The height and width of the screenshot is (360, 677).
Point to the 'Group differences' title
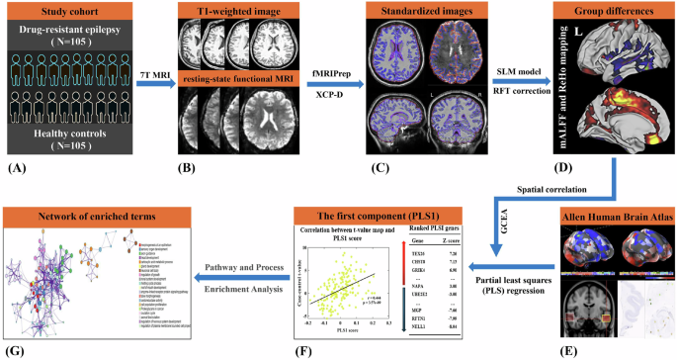(x=619, y=15)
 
